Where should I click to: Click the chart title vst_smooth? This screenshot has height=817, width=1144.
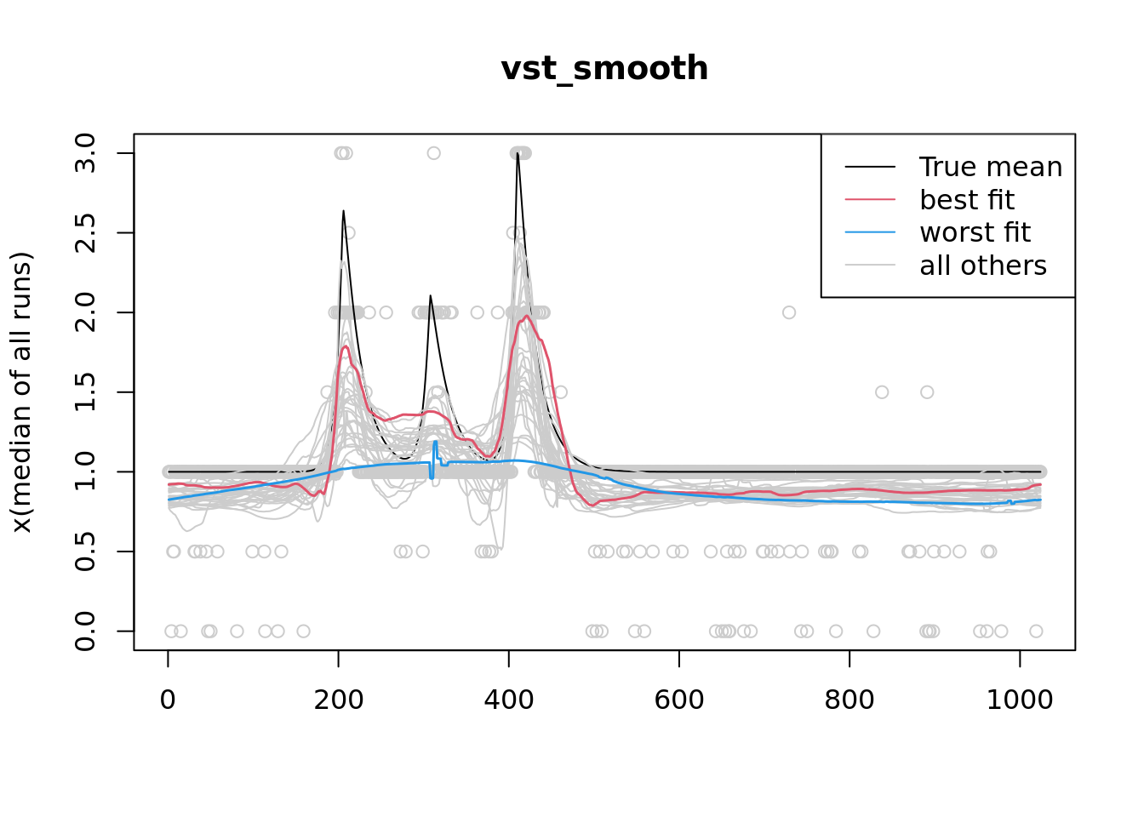coord(604,69)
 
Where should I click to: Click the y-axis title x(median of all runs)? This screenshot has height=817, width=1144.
coord(22,392)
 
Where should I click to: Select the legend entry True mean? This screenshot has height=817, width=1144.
coord(991,168)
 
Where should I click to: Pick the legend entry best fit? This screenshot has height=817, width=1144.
coord(967,200)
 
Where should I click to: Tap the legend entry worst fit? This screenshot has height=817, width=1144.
coord(975,232)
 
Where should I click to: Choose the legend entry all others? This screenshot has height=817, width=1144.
coord(983,266)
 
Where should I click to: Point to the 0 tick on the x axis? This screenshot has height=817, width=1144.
coord(169,700)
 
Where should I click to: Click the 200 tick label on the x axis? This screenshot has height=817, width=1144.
coord(339,700)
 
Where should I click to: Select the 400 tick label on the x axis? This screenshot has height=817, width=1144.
coord(509,700)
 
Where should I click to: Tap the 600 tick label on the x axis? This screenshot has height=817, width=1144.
coord(679,700)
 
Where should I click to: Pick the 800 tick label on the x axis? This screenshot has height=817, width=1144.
coord(849,700)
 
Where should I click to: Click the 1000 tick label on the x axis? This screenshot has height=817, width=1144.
coord(1020,700)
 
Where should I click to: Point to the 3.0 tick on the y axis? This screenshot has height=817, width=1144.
coord(85,153)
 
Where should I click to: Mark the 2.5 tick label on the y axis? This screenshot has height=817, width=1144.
coord(85,233)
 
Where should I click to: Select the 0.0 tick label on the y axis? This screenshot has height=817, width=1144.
coord(85,631)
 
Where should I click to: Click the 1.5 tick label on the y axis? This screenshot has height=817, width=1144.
coord(85,392)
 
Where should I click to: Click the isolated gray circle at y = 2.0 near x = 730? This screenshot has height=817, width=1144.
coord(789,312)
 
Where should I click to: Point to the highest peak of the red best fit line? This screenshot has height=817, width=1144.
coord(528,317)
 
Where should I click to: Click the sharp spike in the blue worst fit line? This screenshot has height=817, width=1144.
coord(435,443)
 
